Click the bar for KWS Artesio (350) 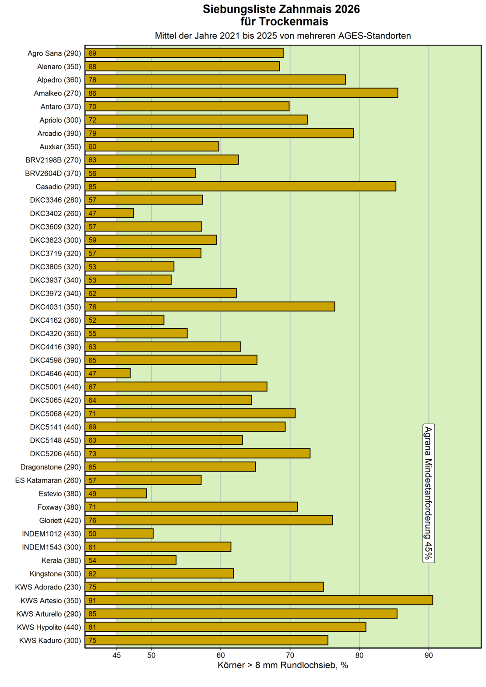(259, 600)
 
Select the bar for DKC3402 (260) (109, 213)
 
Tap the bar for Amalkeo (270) (241, 93)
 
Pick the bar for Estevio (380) (116, 493)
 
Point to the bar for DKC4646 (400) (108, 373)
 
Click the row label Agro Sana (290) (54, 53)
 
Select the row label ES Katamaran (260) (48, 480)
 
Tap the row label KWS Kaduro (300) (50, 641)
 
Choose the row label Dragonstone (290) (51, 467)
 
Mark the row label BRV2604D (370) (53, 173)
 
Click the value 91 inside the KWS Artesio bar (92, 601)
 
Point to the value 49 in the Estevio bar (92, 494)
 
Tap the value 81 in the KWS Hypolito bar (92, 627)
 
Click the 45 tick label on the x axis (116, 655)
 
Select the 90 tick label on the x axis (429, 655)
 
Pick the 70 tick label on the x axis (290, 655)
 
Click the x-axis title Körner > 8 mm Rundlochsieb (283, 666)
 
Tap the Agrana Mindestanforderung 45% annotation (428, 493)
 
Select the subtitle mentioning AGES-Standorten (283, 36)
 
